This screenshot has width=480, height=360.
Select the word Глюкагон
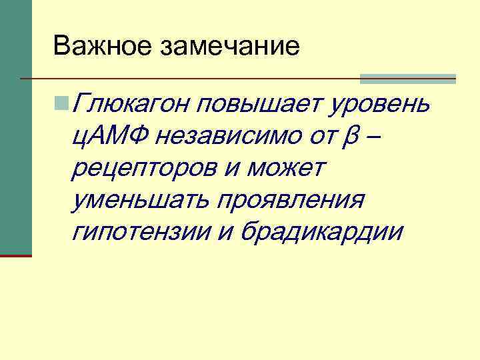133,105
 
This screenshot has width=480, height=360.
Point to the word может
285,169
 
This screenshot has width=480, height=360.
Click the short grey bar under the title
407,79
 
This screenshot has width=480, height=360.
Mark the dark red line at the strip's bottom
15,255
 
